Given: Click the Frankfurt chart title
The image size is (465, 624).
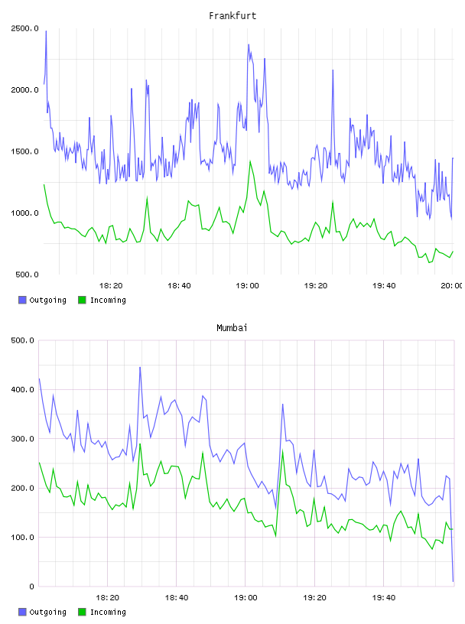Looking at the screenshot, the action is pos(232,15).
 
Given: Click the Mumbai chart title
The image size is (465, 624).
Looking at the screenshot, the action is pos(232,327).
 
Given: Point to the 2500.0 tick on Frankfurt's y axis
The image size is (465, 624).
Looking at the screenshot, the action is pos(24,28).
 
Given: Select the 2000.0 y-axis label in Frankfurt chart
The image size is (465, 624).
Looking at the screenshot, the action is pos(24,90).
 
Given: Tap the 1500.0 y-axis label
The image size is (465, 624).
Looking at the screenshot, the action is pos(24,151).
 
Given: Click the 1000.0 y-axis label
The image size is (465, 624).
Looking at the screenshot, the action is pos(24,213).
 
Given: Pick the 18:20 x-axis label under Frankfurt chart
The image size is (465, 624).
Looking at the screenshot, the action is pos(111,285).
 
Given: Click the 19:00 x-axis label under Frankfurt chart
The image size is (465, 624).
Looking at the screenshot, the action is pos(247,285).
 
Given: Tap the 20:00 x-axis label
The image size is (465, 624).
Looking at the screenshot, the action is pos(452,285).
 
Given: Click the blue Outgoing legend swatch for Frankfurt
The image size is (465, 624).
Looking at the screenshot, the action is pos(22,300).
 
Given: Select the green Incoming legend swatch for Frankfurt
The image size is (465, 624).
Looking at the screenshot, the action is pos(82,300).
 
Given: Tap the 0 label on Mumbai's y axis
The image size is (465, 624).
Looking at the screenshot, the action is pos(32,587).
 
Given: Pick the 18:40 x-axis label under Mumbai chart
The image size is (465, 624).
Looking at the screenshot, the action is pos(177,597).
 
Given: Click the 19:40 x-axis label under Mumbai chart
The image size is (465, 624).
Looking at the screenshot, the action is pos(384,597).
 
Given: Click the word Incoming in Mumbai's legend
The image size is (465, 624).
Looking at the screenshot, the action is pos(108,612).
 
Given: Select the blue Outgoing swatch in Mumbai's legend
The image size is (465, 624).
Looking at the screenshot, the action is pos(22,612).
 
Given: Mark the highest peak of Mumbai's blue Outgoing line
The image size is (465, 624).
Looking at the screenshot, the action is pos(140,367).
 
